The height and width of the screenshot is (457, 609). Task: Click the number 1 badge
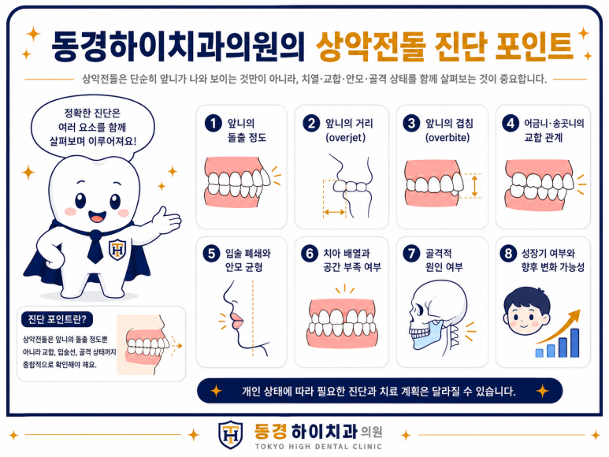click(214, 124)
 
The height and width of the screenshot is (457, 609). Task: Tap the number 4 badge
click(511, 124)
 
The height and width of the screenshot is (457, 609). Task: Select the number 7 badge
click(411, 254)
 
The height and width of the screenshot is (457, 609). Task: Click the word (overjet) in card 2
click(345, 137)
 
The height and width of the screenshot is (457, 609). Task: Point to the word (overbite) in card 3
click(447, 137)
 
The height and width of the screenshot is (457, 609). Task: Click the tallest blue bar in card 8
click(575, 343)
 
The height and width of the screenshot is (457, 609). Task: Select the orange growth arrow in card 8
click(559, 325)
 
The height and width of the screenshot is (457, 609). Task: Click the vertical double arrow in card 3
click(474, 186)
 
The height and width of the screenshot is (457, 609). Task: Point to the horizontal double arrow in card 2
click(334, 212)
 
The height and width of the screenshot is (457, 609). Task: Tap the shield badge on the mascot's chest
click(117, 249)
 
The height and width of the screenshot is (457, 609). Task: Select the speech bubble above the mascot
click(93, 128)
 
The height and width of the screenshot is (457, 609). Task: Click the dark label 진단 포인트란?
click(57, 319)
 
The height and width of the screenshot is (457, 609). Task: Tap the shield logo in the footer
click(230, 435)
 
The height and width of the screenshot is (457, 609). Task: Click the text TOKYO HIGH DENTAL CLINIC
click(318, 447)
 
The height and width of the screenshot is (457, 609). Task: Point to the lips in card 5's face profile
click(236, 321)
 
